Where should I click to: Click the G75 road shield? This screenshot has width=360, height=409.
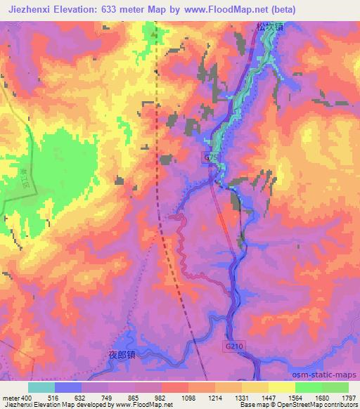coord(212,157)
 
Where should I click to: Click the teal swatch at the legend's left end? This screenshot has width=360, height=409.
coord(41,387)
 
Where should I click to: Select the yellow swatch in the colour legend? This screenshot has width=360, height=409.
coord(282,387)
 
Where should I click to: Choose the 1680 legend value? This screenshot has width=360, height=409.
coord(321,397)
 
